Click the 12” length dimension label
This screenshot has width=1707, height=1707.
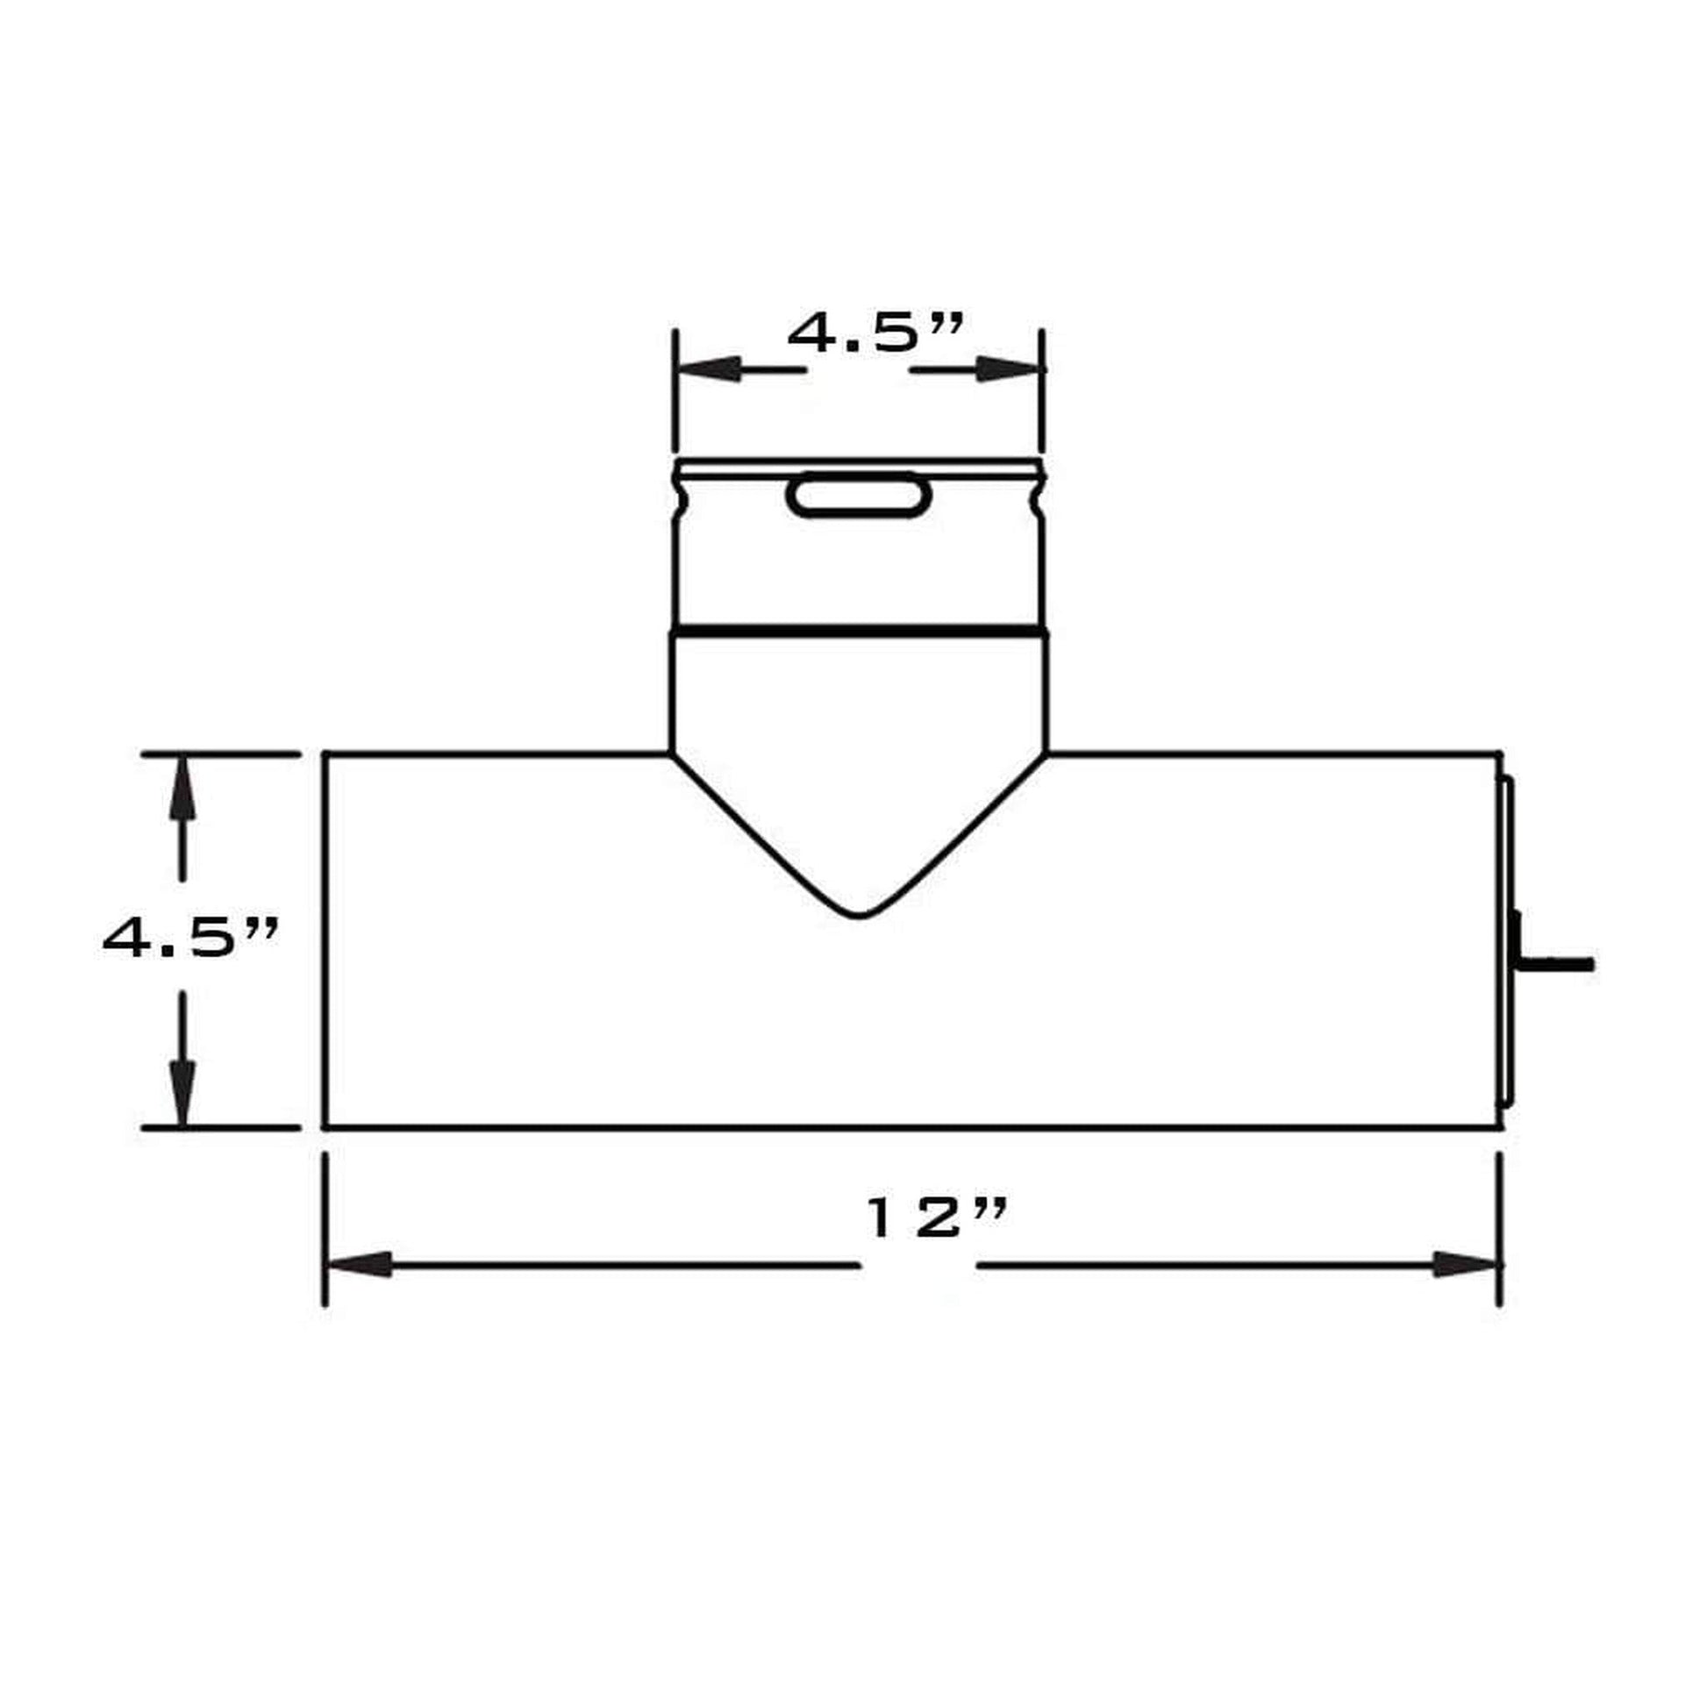937,1218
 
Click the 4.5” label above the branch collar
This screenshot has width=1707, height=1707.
874,333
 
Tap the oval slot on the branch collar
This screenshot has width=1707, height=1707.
858,496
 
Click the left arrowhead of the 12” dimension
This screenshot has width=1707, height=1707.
359,1264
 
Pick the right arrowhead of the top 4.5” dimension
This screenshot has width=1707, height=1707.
1009,369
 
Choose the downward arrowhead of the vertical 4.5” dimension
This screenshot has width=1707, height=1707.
182,1093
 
